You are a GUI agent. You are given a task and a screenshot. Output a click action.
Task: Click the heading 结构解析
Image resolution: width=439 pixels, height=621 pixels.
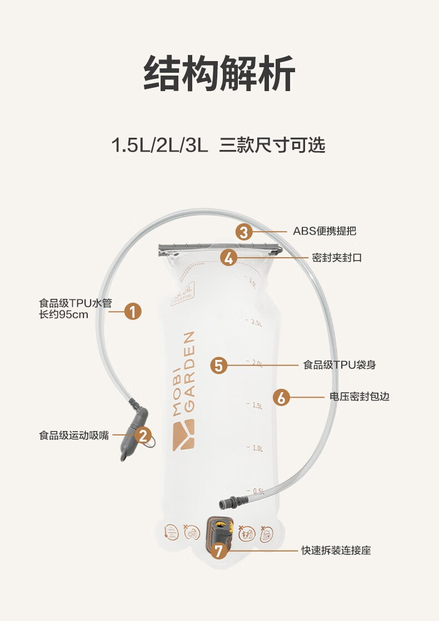point(219,73)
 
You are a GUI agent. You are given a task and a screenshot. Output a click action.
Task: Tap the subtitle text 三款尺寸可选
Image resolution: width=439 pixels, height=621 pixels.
point(272,146)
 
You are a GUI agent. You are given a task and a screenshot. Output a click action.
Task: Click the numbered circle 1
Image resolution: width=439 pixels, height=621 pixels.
point(133,311)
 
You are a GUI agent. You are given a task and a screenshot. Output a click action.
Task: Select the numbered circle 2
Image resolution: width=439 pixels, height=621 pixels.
point(144,435)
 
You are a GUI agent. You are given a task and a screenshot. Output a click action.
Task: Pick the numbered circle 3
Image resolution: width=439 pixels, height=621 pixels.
point(244,231)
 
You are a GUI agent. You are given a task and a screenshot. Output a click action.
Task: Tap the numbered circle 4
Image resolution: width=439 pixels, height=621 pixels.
point(229,258)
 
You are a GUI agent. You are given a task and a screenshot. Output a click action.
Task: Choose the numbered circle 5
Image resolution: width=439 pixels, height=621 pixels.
point(219,365)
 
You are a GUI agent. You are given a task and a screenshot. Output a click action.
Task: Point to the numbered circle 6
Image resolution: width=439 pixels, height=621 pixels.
point(282,397)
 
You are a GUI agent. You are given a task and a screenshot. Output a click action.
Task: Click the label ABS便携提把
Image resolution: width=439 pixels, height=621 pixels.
point(325,231)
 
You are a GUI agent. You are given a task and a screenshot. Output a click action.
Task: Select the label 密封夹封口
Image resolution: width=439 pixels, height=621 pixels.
point(337,258)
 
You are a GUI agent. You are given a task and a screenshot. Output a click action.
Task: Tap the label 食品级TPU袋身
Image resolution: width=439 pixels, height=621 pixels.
point(340,365)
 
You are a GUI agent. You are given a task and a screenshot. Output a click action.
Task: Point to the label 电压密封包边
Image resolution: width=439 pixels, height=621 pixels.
point(360,397)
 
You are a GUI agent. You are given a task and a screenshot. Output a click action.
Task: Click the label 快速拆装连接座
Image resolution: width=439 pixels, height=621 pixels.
point(336,550)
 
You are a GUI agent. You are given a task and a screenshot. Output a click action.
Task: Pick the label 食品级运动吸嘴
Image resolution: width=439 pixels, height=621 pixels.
point(74,435)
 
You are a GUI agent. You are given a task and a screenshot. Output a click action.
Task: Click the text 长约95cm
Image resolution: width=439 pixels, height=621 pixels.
point(63,315)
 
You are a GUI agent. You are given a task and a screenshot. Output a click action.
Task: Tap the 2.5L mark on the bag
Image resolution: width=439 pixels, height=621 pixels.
point(256,323)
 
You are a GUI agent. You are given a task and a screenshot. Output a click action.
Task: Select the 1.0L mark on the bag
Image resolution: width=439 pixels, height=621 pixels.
point(257,448)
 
